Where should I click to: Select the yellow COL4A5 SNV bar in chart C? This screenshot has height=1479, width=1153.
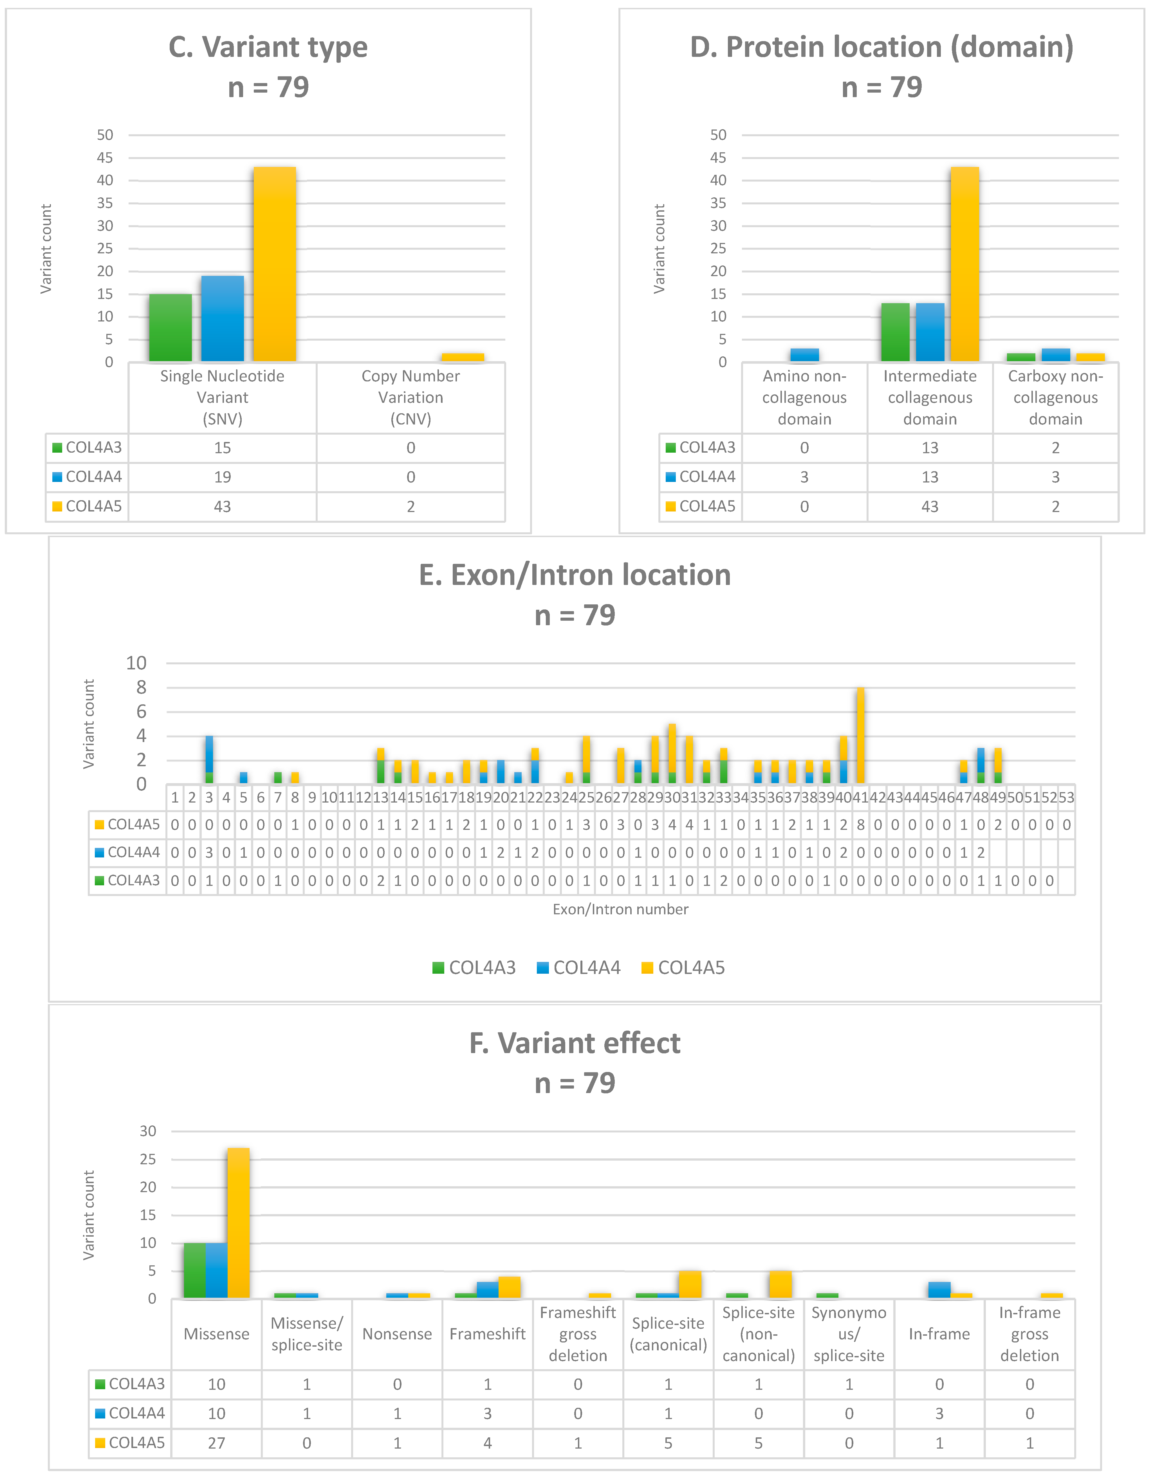[x=274, y=264]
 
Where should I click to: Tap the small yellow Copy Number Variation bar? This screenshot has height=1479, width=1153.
[x=463, y=357]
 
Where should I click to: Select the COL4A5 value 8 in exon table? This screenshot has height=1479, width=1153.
[x=860, y=825]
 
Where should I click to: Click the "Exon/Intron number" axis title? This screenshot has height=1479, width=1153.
[x=620, y=910]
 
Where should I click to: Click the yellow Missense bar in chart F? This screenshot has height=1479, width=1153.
[x=238, y=1223]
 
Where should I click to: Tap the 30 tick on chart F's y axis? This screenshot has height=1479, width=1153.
[x=148, y=1131]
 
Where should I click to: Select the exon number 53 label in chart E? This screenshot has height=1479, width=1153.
[x=1066, y=798]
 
